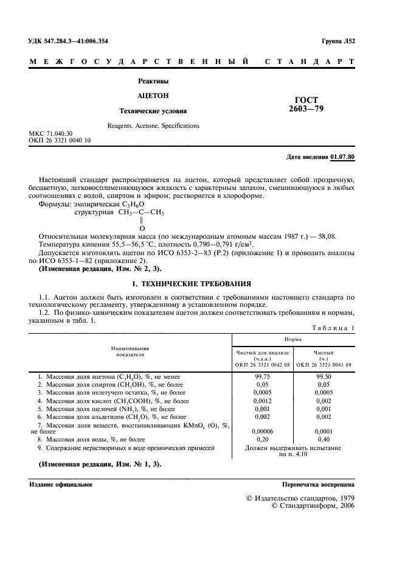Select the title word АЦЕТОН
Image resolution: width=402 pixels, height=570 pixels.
[153, 96]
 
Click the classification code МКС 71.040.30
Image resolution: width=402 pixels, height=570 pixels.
[50, 133]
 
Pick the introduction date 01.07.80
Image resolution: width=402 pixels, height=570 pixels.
[343, 157]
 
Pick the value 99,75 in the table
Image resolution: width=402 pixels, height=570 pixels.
[262, 377]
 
